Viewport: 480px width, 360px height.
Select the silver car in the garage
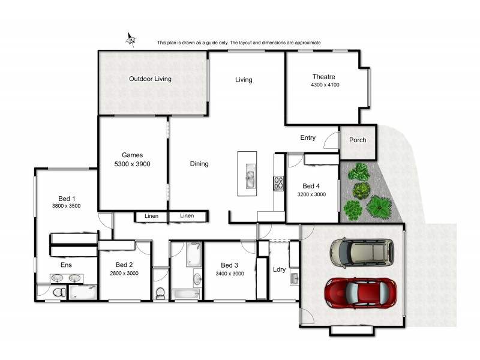362,252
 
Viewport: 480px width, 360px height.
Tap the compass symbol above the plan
131,40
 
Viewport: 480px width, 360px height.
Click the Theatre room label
323,76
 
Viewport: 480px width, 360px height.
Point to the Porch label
358,140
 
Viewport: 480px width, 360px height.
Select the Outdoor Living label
150,79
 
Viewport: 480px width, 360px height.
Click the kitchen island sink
250,177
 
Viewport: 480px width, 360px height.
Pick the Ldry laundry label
279,269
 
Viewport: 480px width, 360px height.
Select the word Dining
199,164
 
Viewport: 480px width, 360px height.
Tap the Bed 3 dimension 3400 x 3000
230,274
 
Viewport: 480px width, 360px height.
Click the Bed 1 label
66,198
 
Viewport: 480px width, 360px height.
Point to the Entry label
308,138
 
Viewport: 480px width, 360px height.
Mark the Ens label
66,264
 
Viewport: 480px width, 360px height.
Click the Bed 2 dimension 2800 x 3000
124,274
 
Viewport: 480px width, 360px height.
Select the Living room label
244,80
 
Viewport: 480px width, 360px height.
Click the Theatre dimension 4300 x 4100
325,85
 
